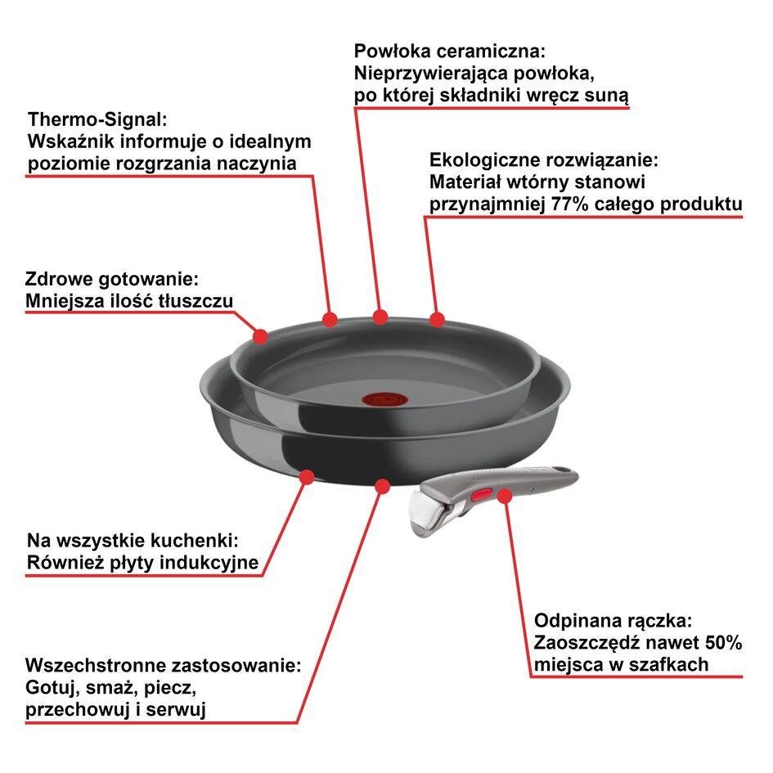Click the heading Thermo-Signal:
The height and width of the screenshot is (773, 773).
click(x=97, y=119)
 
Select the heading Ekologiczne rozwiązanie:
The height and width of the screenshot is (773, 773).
click(x=544, y=160)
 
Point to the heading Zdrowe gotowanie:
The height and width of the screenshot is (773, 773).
click(x=112, y=278)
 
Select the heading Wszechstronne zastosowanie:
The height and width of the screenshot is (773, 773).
click(x=164, y=664)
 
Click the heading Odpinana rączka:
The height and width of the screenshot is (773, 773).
click(x=613, y=619)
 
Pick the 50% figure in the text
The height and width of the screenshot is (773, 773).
click(x=722, y=642)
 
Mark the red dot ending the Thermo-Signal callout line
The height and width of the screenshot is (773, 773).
click(x=330, y=317)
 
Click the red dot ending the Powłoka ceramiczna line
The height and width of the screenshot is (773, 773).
click(x=380, y=316)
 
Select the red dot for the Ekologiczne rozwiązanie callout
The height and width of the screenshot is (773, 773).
click(x=437, y=317)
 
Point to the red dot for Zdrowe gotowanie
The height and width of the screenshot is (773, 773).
click(x=261, y=335)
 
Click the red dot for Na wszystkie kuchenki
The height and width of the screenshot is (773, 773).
click(x=308, y=475)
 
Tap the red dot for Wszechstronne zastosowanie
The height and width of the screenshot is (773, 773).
click(x=381, y=486)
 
